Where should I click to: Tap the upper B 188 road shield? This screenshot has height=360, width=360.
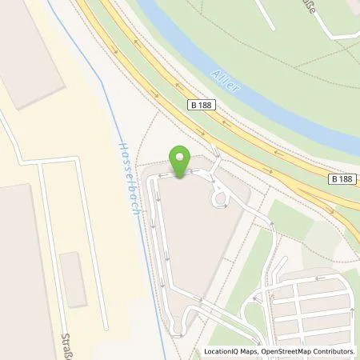[203, 106]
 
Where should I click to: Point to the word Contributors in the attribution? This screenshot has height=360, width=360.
[333, 351]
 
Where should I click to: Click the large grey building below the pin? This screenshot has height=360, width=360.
[196, 240]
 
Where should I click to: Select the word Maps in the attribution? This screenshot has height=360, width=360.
[250, 351]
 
